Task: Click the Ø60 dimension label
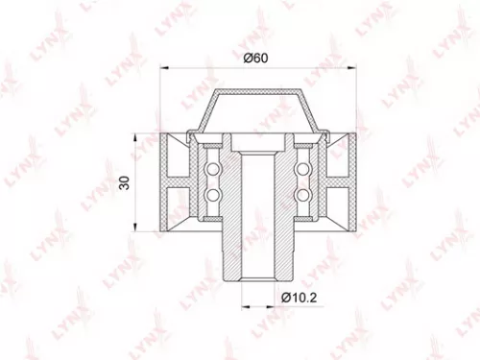(254, 59)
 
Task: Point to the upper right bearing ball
(304, 170)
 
